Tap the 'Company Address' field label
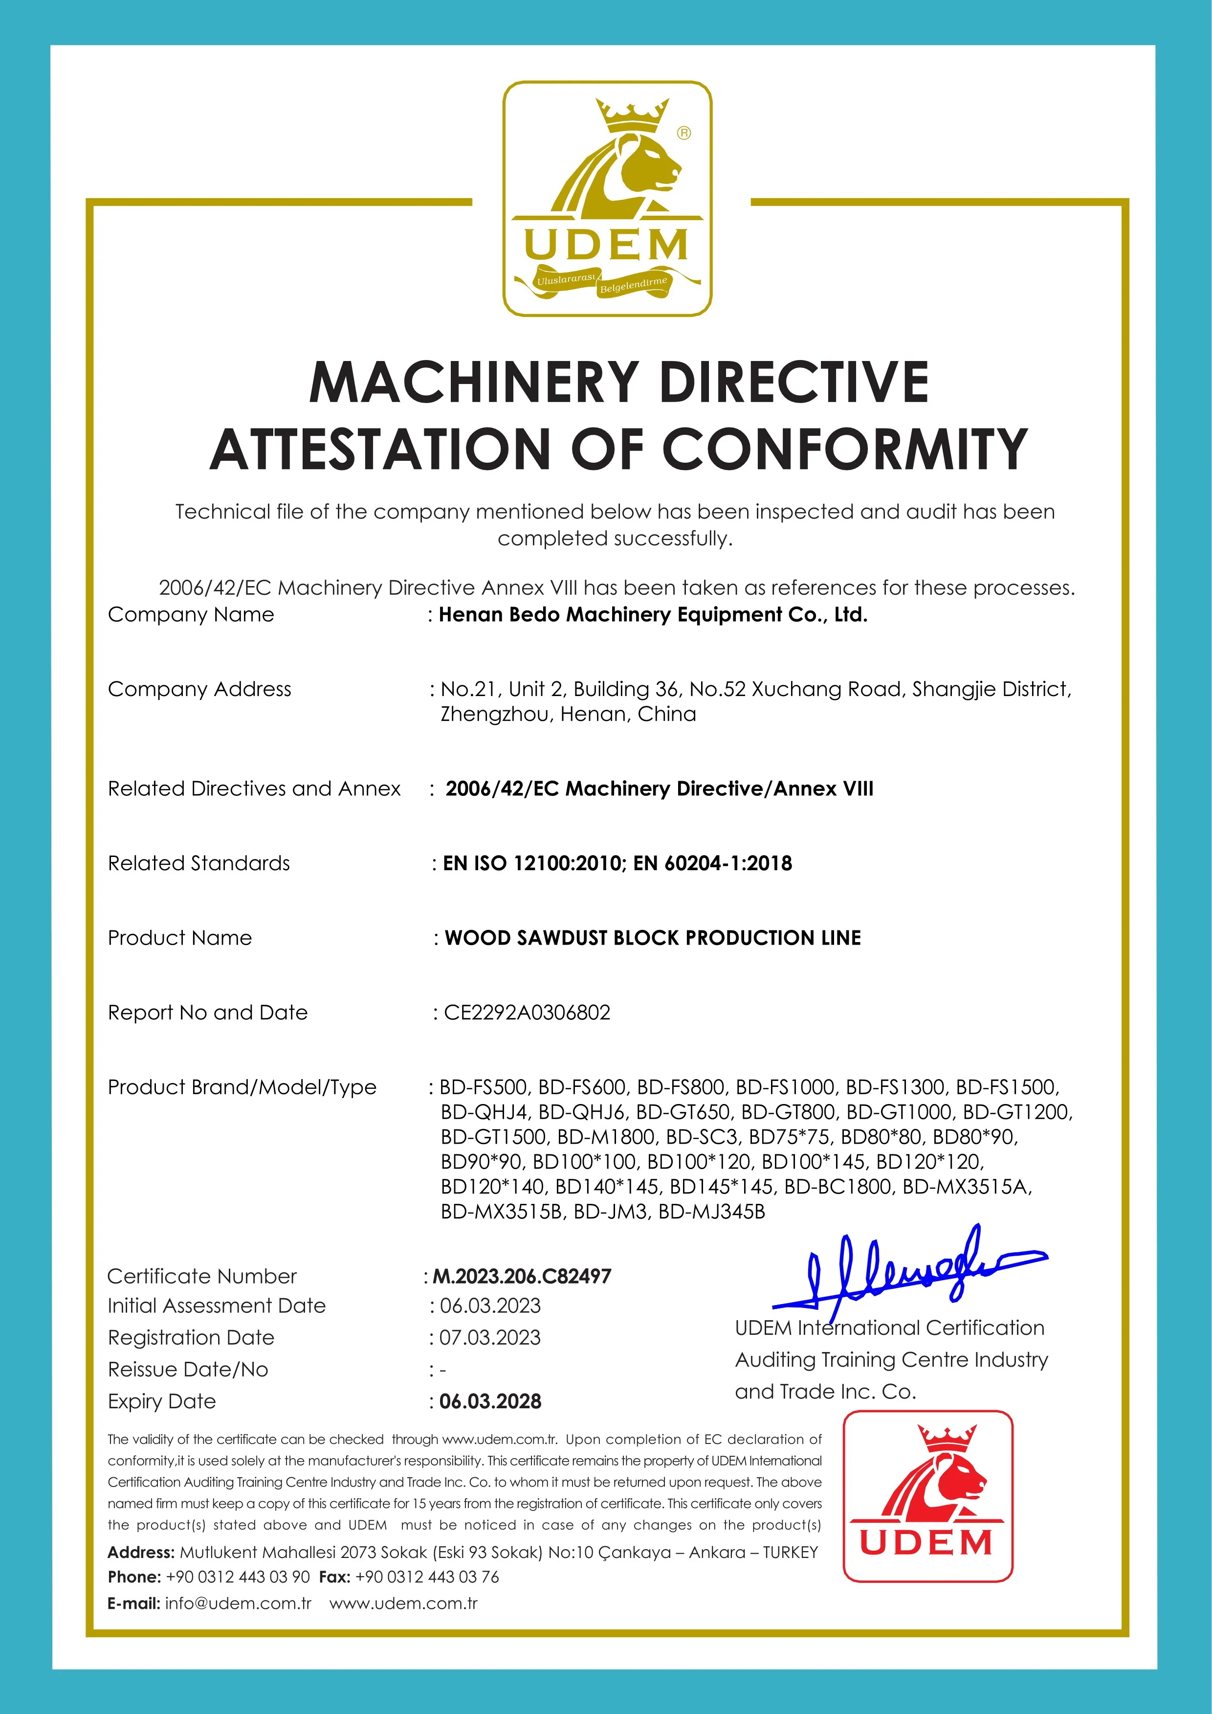point(199,689)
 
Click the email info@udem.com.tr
point(237,1603)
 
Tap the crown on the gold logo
point(631,114)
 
